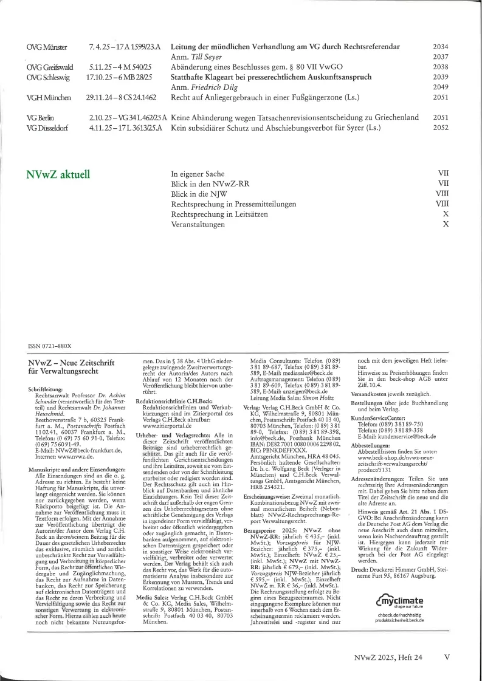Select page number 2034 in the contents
441,47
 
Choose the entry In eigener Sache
198,173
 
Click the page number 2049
441,87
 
